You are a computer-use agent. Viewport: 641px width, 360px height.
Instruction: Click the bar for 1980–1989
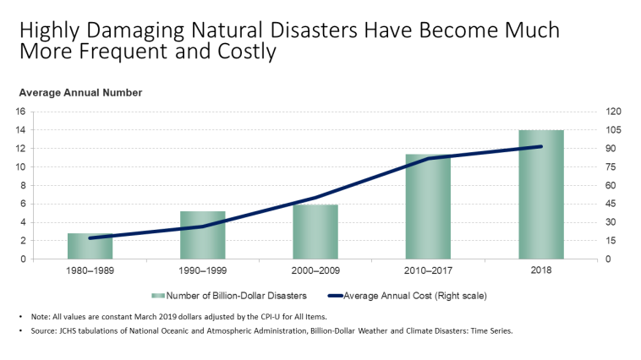[90, 246]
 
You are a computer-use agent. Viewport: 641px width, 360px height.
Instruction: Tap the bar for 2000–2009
[315, 232]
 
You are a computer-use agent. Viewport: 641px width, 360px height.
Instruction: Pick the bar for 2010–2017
[428, 206]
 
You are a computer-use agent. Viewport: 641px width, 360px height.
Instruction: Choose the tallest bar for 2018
[541, 194]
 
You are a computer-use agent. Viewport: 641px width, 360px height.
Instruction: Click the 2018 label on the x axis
[541, 272]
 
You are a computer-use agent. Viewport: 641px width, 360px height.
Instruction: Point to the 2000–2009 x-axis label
[315, 272]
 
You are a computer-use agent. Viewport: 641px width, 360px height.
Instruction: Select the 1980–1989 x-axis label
[90, 272]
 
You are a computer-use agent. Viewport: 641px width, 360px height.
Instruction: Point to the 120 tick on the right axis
[612, 112]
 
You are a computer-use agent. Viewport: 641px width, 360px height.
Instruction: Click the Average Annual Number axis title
[80, 92]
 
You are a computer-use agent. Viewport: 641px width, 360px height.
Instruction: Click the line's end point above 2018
[541, 146]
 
